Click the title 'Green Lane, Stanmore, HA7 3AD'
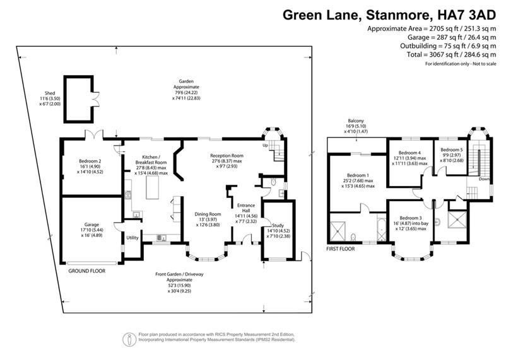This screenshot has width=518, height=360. pyautogui.click(x=389, y=14)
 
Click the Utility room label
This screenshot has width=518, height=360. pyautogui.click(x=132, y=238)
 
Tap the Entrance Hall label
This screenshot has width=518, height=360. pyautogui.click(x=245, y=209)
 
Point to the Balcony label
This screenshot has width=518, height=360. pyautogui.click(x=355, y=121)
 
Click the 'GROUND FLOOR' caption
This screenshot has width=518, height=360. pyautogui.click(x=87, y=270)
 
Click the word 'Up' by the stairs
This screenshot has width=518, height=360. pyautogui.click(x=265, y=146)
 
